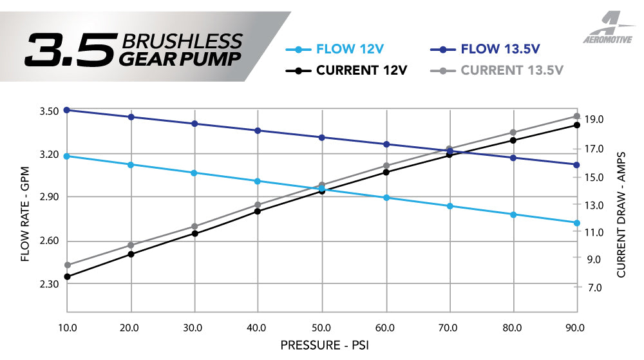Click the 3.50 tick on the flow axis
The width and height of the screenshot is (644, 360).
click(50, 111)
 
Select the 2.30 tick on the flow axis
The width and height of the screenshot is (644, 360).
click(50, 283)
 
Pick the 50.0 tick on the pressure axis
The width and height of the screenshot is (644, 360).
click(321, 327)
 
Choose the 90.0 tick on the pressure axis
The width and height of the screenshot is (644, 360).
click(575, 327)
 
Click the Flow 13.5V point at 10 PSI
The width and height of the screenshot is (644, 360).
click(67, 110)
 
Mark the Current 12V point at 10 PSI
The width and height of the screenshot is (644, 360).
click(67, 277)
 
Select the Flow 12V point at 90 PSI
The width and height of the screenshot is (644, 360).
click(577, 223)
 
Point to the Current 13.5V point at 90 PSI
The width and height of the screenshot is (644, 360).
click(577, 117)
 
